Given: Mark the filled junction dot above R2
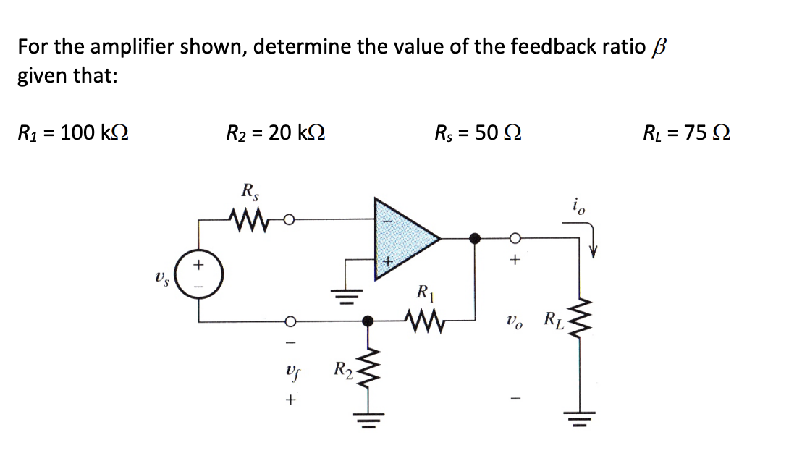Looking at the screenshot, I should pyautogui.click(x=368, y=319).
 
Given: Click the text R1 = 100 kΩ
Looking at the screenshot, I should pyautogui.click(x=73, y=132).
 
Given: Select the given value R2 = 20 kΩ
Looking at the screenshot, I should pyautogui.click(x=276, y=132).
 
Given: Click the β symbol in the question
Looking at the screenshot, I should pyautogui.click(x=658, y=48).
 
